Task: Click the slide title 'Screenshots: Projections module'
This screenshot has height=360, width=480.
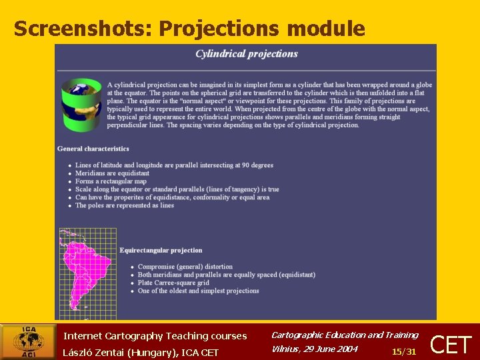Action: pos(189,29)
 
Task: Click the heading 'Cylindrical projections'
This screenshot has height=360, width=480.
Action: pos(247,54)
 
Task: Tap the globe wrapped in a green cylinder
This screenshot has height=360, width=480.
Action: pos(81,105)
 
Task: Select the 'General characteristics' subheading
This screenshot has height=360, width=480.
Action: pos(93,149)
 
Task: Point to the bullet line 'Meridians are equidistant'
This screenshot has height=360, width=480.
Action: pos(112,173)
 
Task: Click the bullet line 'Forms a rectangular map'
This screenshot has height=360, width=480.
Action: pos(111,181)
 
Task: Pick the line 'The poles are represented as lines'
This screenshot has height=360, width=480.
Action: pos(125,205)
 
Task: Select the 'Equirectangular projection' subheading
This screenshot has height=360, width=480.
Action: pos(161,251)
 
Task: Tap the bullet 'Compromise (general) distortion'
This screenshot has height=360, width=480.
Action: pos(185,267)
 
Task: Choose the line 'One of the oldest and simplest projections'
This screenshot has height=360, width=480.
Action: pos(198,291)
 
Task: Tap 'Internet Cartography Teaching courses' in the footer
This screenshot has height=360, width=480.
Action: pos(155,336)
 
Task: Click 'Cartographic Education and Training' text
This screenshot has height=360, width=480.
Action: pos(345,335)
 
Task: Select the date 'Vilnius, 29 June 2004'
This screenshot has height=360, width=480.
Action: pos(315,349)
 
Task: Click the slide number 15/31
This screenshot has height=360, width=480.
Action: pos(404,351)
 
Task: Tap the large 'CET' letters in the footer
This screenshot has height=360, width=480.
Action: pos(452,345)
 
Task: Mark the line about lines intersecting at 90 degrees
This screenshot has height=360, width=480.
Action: pos(174,165)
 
